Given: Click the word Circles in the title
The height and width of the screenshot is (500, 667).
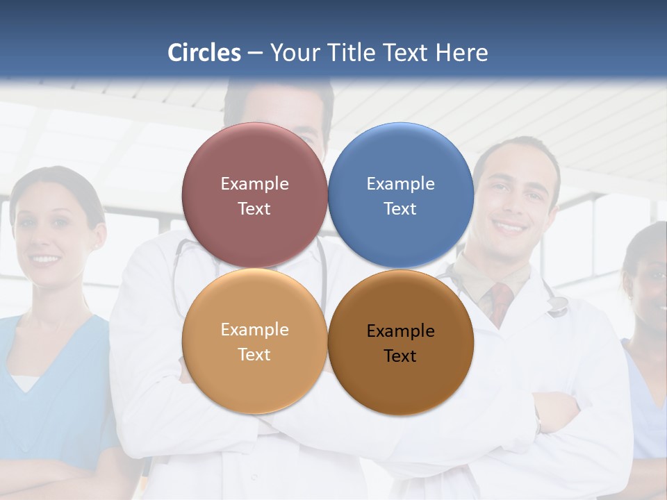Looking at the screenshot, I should click(204, 53).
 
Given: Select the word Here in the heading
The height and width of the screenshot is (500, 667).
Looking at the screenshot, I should click(462, 53).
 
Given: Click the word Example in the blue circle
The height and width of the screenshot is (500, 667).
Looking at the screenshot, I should click(400, 184).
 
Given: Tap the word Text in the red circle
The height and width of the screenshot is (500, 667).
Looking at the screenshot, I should click(254, 209).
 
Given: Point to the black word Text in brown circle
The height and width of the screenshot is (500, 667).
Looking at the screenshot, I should click(400, 356).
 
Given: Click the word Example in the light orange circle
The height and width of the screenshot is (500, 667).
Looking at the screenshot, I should click(254, 330).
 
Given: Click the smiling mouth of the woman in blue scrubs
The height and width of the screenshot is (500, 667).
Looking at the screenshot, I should click(46, 259).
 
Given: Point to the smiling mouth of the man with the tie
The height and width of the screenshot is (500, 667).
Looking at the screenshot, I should click(509, 227).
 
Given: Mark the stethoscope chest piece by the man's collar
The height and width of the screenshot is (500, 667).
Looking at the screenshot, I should click(557, 306).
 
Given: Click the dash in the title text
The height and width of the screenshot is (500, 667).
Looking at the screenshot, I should click(255, 53).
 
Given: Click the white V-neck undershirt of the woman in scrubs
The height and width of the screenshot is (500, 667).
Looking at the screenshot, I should click(25, 381).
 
